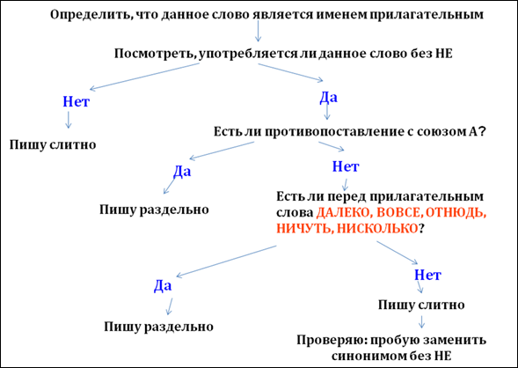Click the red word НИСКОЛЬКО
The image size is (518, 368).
tap(378, 229)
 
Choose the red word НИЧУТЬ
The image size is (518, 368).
tap(304, 229)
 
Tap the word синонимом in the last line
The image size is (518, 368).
tap(368, 356)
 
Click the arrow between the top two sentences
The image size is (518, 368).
tap(258, 31)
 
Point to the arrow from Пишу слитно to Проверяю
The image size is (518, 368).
tap(421, 321)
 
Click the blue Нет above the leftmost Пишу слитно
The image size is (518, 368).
tap(76, 101)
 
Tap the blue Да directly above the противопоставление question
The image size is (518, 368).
tap(328, 98)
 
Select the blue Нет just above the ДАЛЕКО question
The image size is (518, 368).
tap(346, 166)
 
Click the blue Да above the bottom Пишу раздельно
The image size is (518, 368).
tap(163, 285)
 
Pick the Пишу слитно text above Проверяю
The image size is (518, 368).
tap(421, 305)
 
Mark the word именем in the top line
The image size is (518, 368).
tap(338, 16)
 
